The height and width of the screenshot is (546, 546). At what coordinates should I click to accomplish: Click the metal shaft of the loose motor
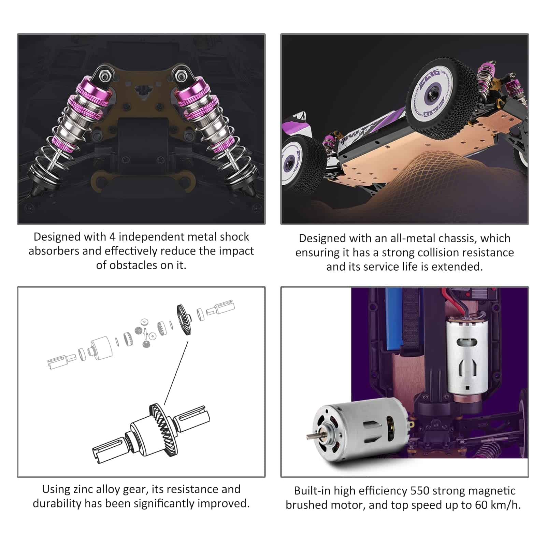click(x=312, y=436)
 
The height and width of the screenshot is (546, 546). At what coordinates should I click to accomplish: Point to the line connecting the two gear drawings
click(x=176, y=373)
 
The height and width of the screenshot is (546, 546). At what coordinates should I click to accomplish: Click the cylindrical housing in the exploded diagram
click(x=101, y=347)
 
